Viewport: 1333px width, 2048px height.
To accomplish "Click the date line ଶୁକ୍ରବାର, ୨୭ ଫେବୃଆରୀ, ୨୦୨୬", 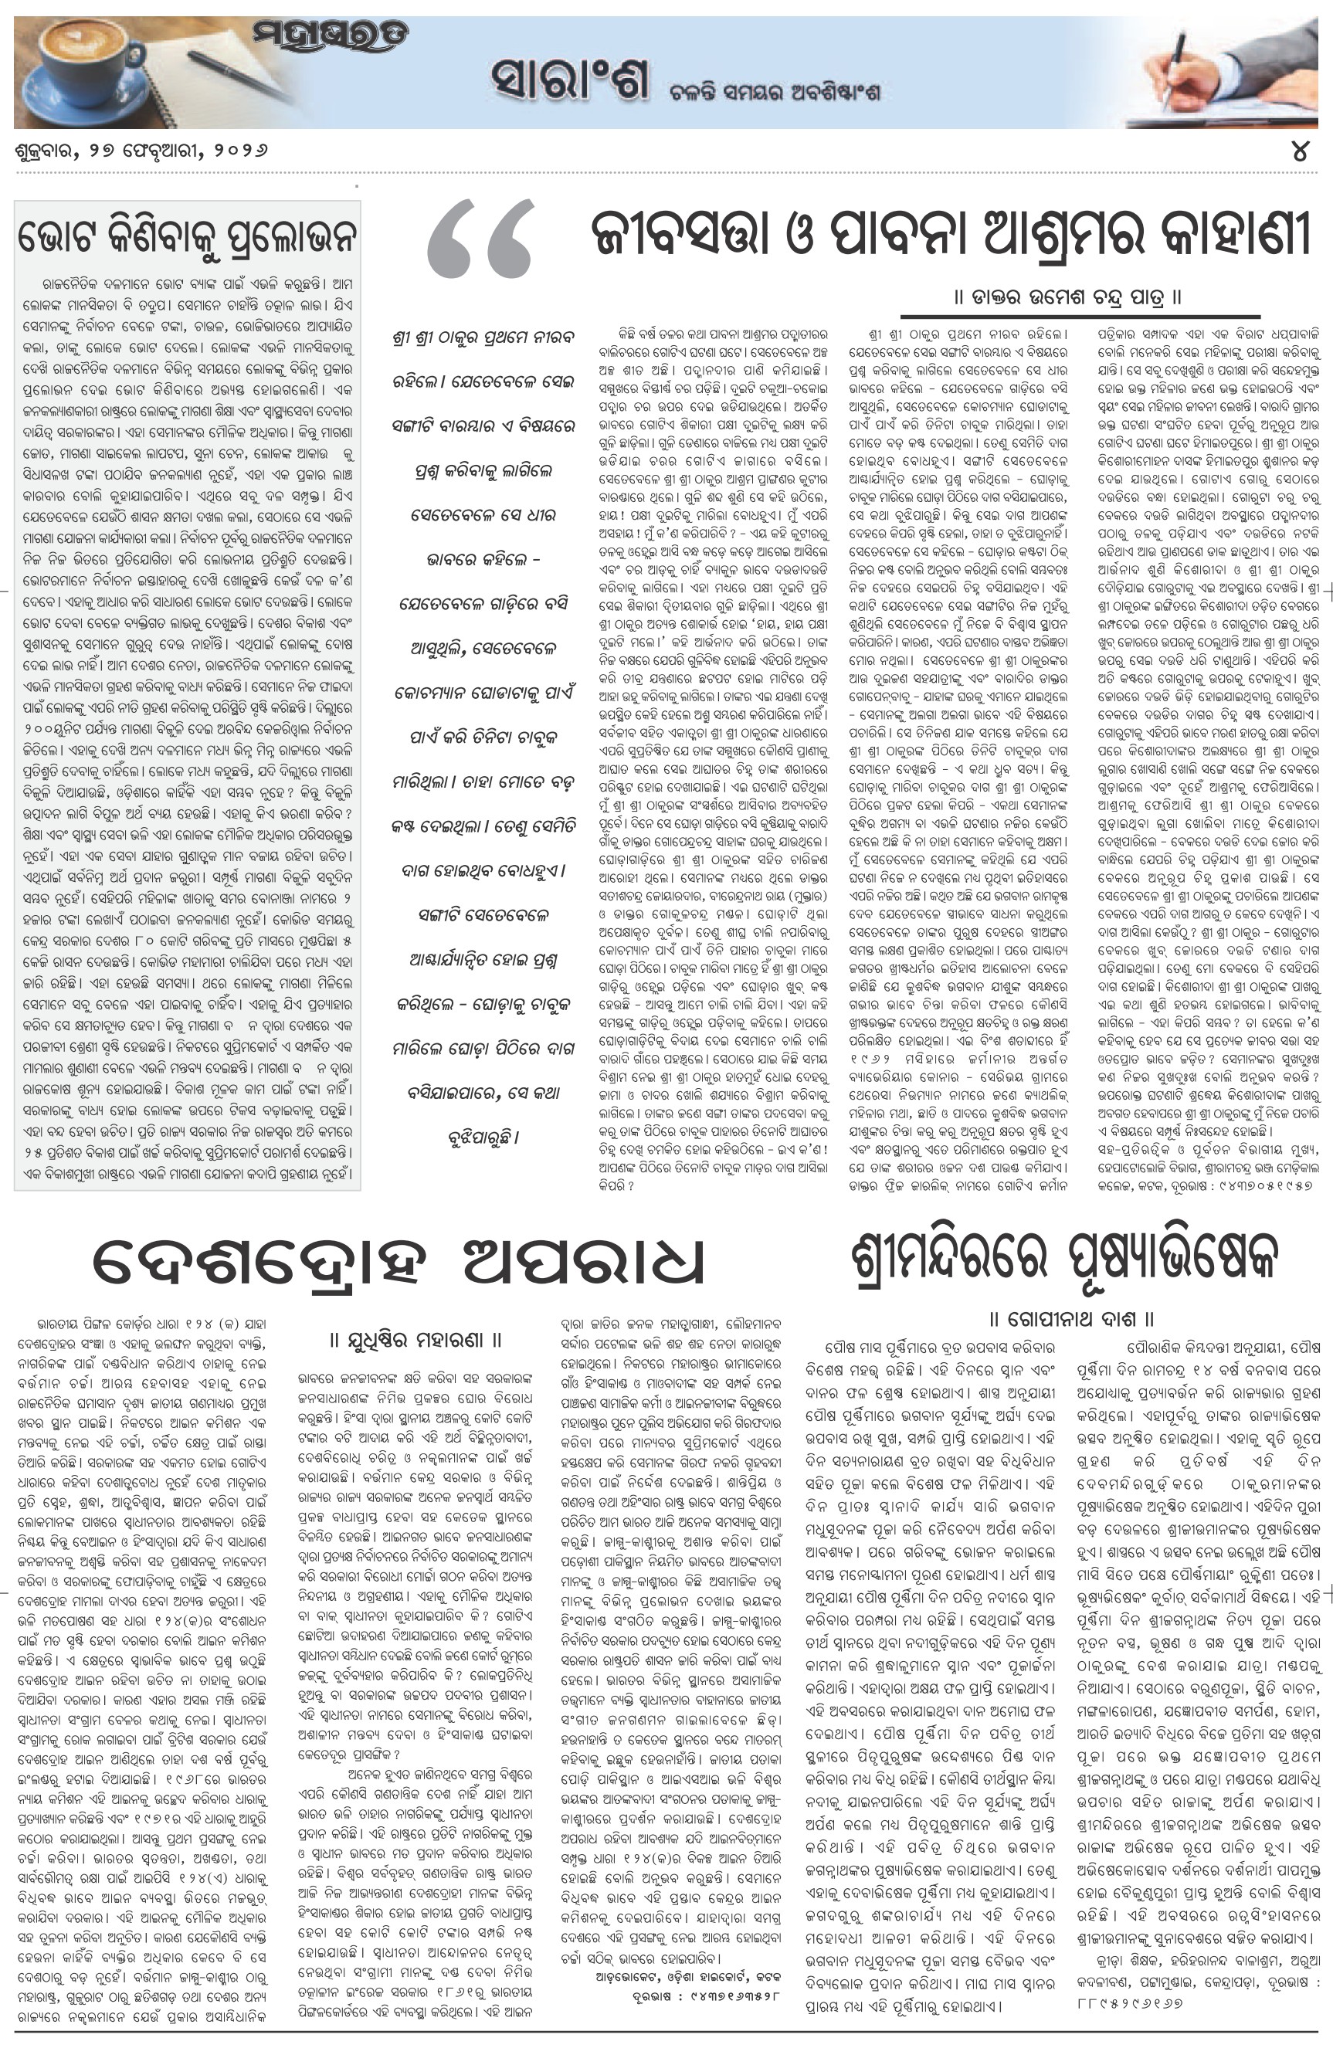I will click(141, 151).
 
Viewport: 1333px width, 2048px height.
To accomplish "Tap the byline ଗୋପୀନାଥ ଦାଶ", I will click(1070, 1318).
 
